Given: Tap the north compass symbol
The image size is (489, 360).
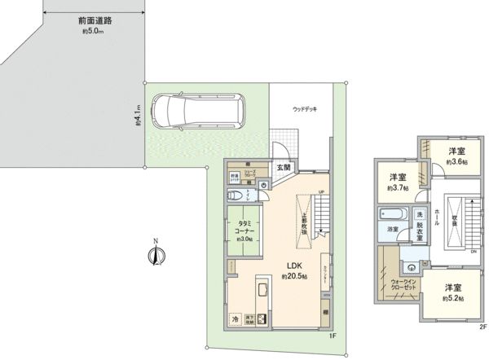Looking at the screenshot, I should coord(155,255).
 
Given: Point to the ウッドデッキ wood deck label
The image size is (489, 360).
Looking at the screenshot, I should coord(309,109).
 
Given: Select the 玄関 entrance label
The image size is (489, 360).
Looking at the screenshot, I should coord(283,167).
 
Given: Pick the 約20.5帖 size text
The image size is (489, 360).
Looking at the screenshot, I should coord(294,277).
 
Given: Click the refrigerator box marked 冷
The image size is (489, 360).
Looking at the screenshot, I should coord(236,319).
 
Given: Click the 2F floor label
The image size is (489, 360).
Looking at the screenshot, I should coord(482,327).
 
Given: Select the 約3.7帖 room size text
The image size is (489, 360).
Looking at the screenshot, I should coord(399,188).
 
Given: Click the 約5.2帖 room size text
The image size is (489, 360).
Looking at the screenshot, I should coord(455,299).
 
